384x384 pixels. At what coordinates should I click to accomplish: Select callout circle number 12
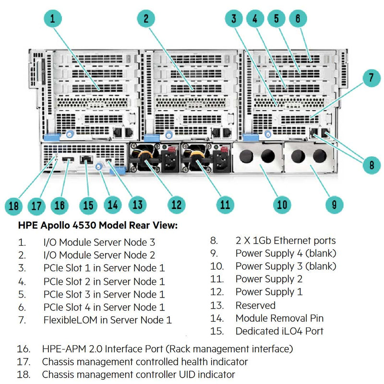177,205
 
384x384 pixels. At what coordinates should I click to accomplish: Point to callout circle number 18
14,206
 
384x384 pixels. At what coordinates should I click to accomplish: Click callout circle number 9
334,205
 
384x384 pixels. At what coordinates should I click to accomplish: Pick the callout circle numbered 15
87,205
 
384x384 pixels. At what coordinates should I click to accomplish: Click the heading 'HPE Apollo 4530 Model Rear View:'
98,225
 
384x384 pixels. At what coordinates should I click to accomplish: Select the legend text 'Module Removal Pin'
279,318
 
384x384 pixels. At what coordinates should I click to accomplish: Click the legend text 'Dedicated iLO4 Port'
279,331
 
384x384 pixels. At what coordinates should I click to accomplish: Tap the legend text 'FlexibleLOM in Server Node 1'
108,320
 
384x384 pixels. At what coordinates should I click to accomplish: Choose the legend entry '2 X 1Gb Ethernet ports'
286,240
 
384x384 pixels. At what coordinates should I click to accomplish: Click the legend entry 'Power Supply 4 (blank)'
286,253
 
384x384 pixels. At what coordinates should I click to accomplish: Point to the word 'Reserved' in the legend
255,305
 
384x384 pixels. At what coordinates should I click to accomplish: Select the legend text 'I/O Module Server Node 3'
99,243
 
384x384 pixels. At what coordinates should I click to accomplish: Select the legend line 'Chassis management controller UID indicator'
139,374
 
